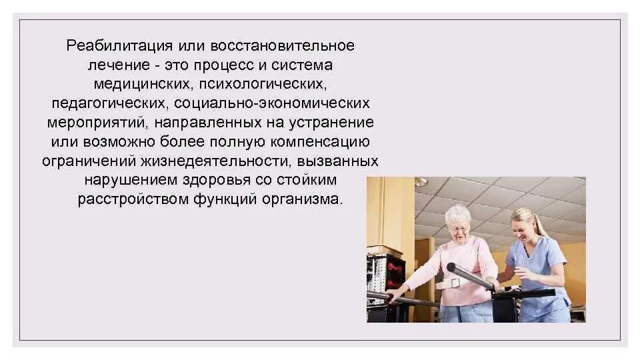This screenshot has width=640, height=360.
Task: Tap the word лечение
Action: coord(116,65)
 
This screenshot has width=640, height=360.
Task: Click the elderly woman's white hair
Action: coord(459,213)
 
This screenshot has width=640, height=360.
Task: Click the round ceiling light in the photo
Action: coord(420,181)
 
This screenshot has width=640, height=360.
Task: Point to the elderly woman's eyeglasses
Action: coord(459,229)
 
